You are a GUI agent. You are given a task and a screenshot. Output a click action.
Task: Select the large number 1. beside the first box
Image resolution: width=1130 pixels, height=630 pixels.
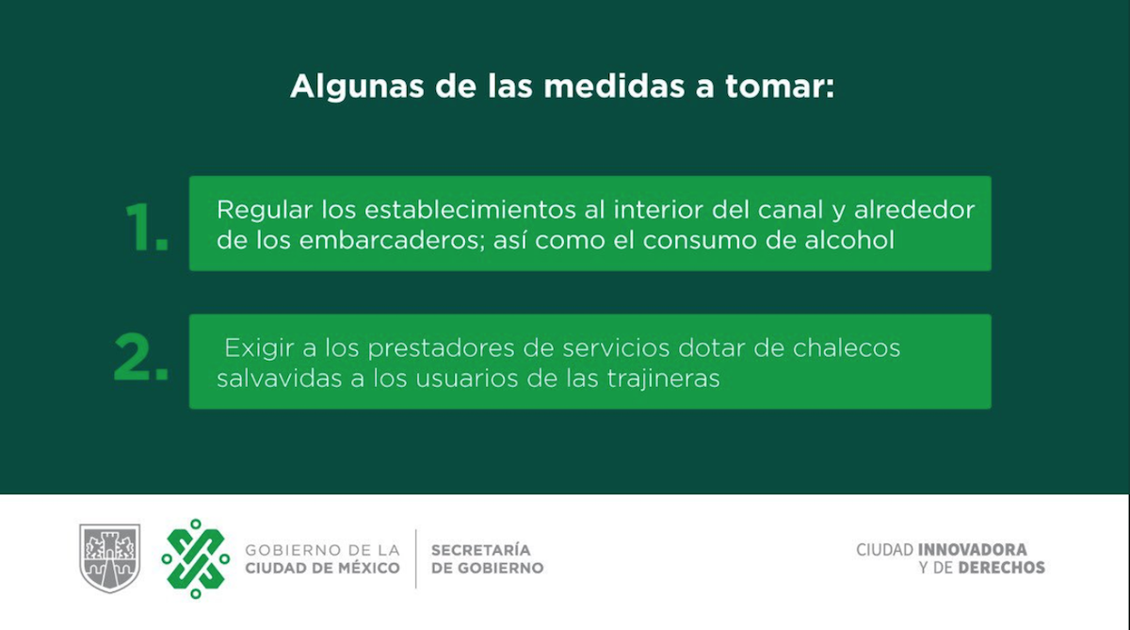[x=146, y=226]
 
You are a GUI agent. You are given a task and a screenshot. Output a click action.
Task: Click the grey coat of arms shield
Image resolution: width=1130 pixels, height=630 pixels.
[x=109, y=557]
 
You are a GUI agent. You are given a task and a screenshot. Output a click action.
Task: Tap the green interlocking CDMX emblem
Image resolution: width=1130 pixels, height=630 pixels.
[x=195, y=558]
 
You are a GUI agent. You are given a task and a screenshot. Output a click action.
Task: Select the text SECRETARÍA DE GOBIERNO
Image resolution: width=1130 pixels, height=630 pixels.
[x=487, y=558]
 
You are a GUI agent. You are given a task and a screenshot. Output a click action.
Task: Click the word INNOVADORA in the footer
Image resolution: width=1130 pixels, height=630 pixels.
[x=973, y=549]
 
